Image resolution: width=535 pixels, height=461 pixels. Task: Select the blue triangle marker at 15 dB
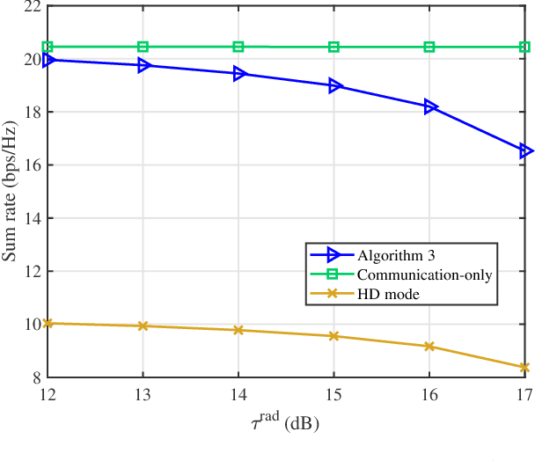[334, 86]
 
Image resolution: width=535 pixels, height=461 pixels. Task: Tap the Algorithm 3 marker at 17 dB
[526, 151]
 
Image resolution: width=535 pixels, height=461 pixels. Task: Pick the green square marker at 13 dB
[143, 47]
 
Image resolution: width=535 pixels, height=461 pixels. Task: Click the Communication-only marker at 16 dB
[430, 47]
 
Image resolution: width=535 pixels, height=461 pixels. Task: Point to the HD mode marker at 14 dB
[238, 330]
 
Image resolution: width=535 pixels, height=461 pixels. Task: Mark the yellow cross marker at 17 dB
[526, 368]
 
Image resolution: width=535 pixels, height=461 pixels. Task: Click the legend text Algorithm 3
[398, 255]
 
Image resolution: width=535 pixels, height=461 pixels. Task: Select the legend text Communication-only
[426, 274]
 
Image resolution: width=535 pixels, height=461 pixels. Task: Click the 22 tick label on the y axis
[29, 7]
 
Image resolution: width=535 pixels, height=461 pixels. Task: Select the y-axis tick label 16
[29, 165]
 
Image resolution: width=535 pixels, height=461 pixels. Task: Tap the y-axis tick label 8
[33, 377]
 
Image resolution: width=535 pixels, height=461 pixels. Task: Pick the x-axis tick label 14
[238, 395]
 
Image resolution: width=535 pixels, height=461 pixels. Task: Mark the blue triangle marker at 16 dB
[430, 106]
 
